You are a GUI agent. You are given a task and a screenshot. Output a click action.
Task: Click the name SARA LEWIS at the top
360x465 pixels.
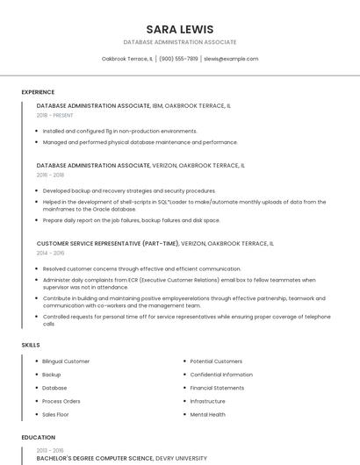[180, 29]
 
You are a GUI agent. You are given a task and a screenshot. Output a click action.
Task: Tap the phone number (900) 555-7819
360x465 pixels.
[178, 59]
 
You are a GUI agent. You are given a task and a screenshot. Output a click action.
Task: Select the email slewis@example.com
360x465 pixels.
[231, 59]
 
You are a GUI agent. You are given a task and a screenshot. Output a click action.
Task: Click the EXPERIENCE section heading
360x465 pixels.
[38, 92]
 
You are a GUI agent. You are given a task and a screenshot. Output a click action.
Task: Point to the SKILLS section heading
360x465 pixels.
[31, 345]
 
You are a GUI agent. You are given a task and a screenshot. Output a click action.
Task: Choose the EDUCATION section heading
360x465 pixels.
[38, 437]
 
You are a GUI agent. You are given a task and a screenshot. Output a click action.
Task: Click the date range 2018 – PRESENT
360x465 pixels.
[55, 115]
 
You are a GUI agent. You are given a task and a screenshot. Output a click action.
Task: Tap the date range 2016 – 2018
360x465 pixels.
[50, 175]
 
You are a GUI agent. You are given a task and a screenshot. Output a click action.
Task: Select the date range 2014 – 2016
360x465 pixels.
[50, 253]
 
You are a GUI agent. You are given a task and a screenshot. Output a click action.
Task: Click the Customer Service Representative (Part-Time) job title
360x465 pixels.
[108, 243]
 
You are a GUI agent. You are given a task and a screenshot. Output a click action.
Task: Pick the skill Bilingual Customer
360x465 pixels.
[66, 361]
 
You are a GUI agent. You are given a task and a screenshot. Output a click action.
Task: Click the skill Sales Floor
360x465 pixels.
[55, 414]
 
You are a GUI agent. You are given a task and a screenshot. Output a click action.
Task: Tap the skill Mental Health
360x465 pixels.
[208, 414]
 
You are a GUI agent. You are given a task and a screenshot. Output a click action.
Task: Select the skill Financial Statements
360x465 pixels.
[217, 388]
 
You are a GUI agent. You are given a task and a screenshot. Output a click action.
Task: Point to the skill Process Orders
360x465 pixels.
[61, 401]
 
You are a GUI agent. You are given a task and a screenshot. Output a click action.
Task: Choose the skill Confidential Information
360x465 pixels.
[221, 375]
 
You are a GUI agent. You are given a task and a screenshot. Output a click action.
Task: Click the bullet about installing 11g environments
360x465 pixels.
[120, 131]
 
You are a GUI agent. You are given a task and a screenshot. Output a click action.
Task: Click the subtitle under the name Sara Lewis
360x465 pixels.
[180, 42]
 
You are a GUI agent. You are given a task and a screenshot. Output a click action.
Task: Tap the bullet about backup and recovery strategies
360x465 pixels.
[129, 190]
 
